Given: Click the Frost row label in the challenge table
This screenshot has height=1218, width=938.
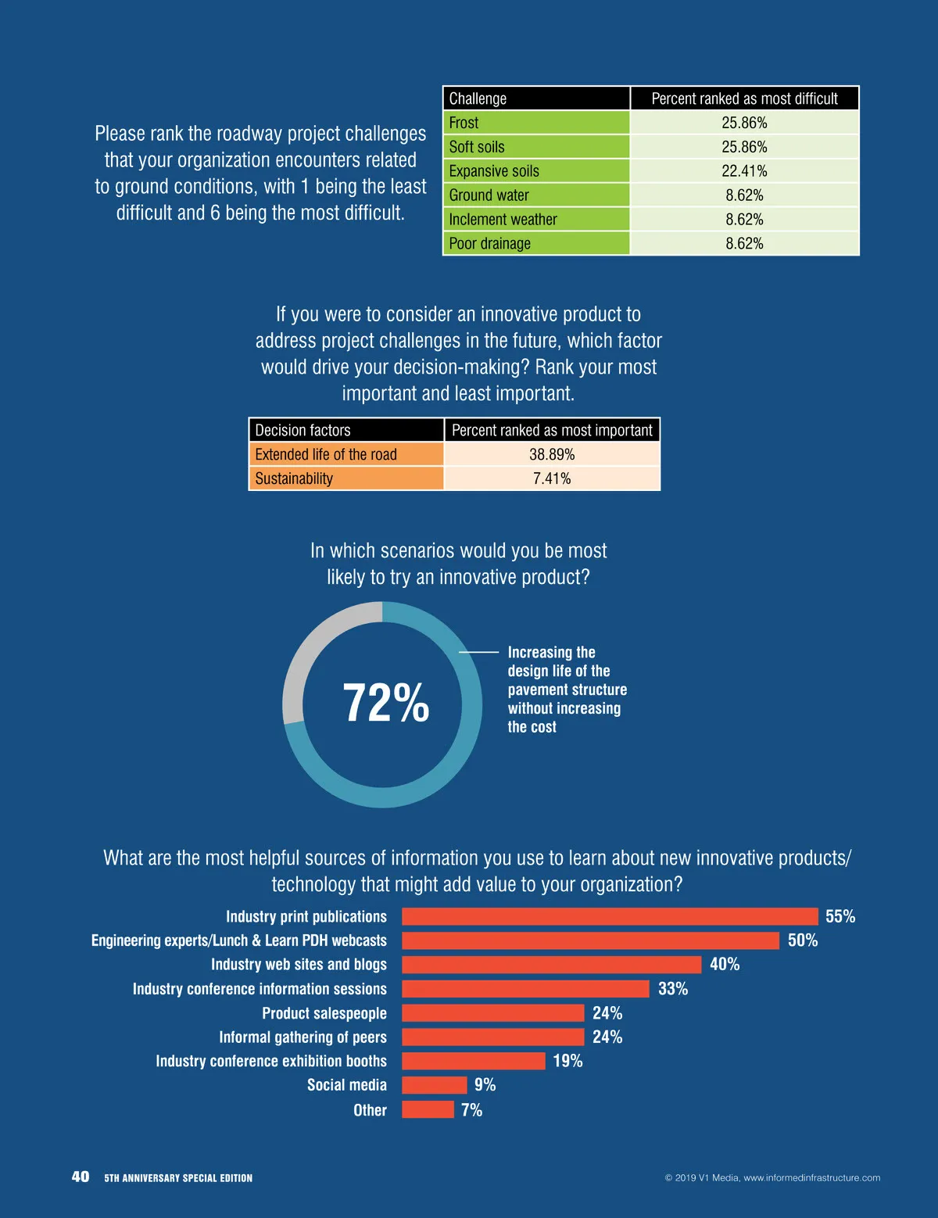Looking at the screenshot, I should tap(464, 123).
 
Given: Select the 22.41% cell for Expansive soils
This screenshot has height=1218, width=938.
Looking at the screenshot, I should tap(744, 171).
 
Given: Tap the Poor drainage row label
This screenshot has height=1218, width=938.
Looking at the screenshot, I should tap(489, 244).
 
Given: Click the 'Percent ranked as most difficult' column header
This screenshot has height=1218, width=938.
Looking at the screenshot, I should tap(744, 99).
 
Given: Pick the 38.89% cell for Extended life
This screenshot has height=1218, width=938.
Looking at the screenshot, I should tap(552, 455).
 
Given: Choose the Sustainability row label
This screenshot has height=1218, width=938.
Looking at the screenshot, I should tap(294, 479).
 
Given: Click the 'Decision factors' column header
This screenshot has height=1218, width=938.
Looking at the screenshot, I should tap(303, 431).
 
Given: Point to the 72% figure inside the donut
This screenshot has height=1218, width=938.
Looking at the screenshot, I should tap(385, 703).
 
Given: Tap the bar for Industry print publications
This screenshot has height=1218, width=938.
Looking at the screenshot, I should tap(610, 917).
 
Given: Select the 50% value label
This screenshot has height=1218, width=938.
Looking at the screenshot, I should tap(802, 940).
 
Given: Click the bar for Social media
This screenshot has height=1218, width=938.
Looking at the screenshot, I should tap(434, 1085).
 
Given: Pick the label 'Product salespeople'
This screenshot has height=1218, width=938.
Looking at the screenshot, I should tap(324, 1013).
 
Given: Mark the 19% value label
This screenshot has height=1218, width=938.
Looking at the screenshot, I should tap(567, 1061).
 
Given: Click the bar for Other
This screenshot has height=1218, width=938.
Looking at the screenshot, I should tap(428, 1109).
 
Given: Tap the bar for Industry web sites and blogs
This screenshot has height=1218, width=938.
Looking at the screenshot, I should tap(551, 965).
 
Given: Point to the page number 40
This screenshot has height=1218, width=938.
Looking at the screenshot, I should tap(81, 1177).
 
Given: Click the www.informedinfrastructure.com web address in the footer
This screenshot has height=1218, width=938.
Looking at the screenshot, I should tap(811, 1178).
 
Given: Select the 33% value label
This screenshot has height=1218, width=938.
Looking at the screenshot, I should tap(672, 989).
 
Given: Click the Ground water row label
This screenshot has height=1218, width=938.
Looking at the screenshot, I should tap(489, 195).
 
